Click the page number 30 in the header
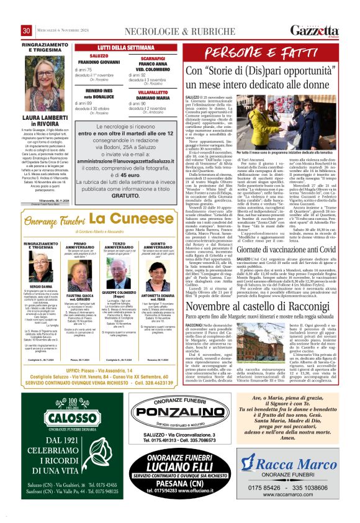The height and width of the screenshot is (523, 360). (27, 31)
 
